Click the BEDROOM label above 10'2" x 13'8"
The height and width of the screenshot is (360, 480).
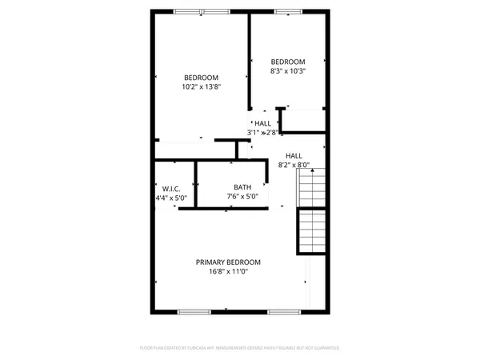(x=200, y=77)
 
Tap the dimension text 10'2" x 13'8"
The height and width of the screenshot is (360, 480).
(x=200, y=86)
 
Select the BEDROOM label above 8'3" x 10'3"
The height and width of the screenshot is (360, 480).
(x=287, y=62)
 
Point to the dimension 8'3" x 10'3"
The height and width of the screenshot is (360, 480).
(x=287, y=71)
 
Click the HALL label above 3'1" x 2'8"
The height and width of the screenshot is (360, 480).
(x=262, y=123)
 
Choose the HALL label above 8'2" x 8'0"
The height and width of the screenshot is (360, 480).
(x=294, y=155)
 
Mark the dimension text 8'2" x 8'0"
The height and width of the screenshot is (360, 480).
(x=294, y=165)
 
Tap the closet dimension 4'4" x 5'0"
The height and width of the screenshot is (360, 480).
(x=171, y=197)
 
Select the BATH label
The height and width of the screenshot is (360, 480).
(x=231, y=187)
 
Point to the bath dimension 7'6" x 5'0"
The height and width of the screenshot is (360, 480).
(x=231, y=197)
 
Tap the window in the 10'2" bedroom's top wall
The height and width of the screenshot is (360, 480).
(x=191, y=11)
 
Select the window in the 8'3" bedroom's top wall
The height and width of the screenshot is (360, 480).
(x=285, y=11)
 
